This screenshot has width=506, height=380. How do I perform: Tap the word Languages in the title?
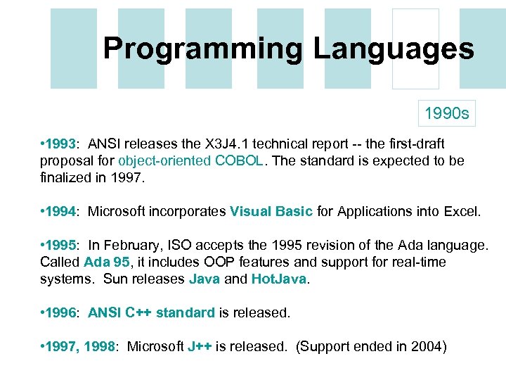coord(394,49)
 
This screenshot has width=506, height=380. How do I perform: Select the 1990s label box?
coord(447,113)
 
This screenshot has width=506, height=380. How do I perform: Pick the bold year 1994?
coord(60,211)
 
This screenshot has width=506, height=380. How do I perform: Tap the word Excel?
coord(462,211)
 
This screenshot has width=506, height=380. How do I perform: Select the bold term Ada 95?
coord(103,262)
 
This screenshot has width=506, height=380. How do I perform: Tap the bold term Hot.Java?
coord(278,279)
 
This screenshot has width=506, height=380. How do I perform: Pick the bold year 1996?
coord(60,313)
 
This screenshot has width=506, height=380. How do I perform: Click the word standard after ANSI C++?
coord(186,313)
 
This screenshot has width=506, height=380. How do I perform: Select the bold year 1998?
coord(99,348)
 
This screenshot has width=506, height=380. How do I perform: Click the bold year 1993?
coord(60,145)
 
